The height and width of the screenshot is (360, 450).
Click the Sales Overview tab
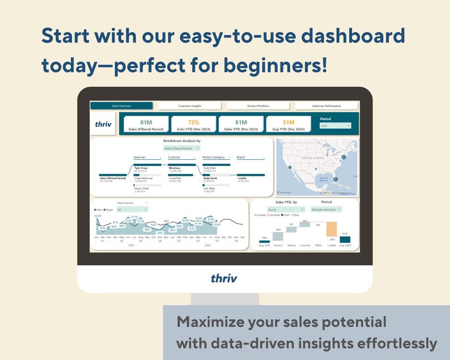[x=121, y=106]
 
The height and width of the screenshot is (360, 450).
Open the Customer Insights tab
[x=190, y=106]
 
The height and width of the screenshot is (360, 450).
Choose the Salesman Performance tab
[x=326, y=106]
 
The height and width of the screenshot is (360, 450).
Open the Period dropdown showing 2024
[x=336, y=126]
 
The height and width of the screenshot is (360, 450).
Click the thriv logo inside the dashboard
[x=103, y=124]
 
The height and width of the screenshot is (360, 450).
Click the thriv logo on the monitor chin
[x=224, y=278]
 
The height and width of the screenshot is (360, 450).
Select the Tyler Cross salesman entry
[x=141, y=168]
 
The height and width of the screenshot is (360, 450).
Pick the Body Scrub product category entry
[x=210, y=177]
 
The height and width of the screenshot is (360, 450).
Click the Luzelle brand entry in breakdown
[x=242, y=177]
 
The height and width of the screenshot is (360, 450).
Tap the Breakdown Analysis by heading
[x=182, y=140]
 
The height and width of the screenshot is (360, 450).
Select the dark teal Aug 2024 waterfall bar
[x=345, y=240]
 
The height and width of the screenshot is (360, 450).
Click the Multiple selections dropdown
[x=326, y=209]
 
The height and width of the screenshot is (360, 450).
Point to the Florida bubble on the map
[x=336, y=179]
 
